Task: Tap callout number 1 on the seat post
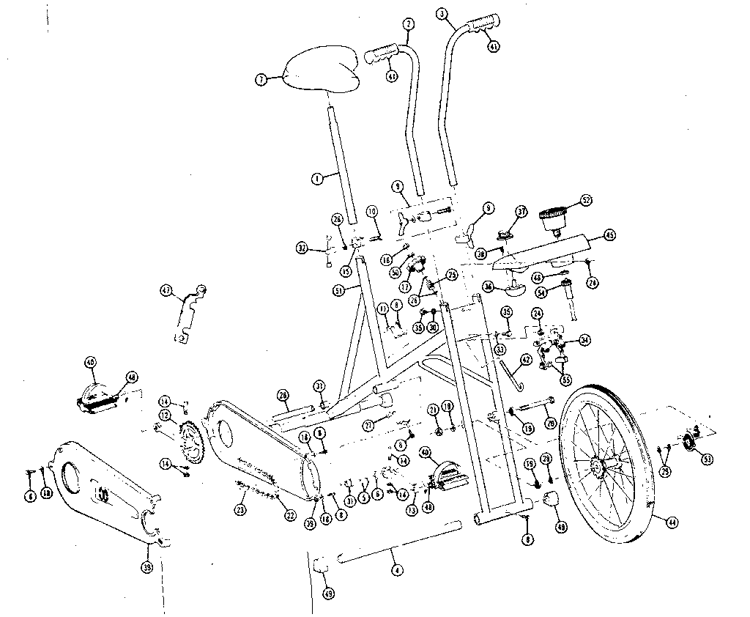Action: click(317, 177)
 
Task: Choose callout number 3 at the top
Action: click(441, 13)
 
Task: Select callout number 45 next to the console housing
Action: click(609, 235)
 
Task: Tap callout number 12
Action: click(166, 415)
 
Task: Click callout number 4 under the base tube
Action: click(396, 569)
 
